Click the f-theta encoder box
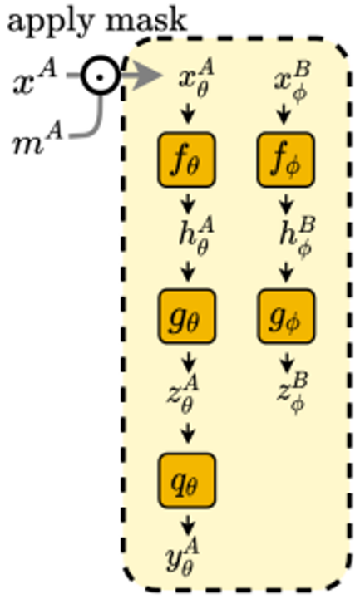click(187, 160)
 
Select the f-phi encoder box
click(285, 160)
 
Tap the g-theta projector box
click(187, 317)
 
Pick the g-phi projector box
click(285, 317)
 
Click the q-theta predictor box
click(187, 480)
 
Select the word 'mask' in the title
click(146, 20)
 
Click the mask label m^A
click(37, 138)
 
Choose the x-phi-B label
click(293, 81)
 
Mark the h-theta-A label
click(196, 236)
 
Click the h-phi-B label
click(297, 238)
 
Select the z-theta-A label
click(183, 394)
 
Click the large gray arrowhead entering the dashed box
click(147, 76)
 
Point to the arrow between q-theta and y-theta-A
click(187, 525)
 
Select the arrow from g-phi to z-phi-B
click(287, 361)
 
